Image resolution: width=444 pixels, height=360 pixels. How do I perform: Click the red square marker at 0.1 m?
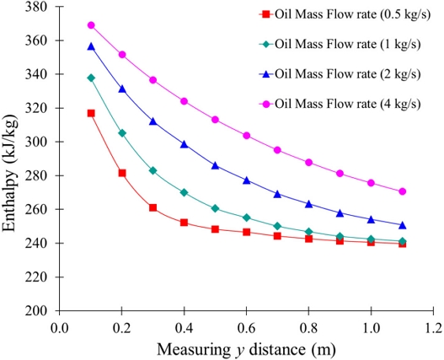tap(91, 113)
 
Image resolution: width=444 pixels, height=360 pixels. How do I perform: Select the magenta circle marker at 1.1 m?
tap(403, 191)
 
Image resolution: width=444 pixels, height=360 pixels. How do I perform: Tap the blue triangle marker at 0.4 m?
tap(185, 144)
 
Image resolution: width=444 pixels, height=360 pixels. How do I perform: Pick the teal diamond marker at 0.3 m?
tap(152, 170)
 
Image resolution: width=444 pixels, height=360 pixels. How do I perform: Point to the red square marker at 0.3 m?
tap(152, 207)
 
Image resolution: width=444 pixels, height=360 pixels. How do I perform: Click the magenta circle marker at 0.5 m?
tap(215, 120)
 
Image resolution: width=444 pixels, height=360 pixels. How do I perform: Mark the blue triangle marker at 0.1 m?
tap(91, 46)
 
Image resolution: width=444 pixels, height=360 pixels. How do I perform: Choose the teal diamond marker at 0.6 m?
tap(247, 218)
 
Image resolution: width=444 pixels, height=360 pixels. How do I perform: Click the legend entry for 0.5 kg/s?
tap(345, 14)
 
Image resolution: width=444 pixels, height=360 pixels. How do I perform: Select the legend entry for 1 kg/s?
tap(340, 44)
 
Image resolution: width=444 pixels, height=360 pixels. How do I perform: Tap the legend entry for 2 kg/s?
tap(340, 74)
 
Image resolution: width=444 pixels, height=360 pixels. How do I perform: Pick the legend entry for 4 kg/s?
tap(340, 104)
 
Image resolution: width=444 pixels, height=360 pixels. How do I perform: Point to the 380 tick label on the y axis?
tap(35, 7)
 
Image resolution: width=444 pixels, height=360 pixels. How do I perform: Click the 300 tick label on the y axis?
tap(35, 142)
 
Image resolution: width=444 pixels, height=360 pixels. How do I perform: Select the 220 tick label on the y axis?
tap(35, 277)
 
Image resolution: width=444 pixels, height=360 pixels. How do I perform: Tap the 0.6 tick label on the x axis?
tap(247, 328)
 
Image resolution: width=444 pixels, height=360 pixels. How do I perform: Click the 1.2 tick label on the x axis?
tap(433, 328)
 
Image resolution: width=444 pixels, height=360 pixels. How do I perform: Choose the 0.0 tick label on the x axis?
tap(60, 328)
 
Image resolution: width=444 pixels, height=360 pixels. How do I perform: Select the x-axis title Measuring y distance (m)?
tap(246, 350)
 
